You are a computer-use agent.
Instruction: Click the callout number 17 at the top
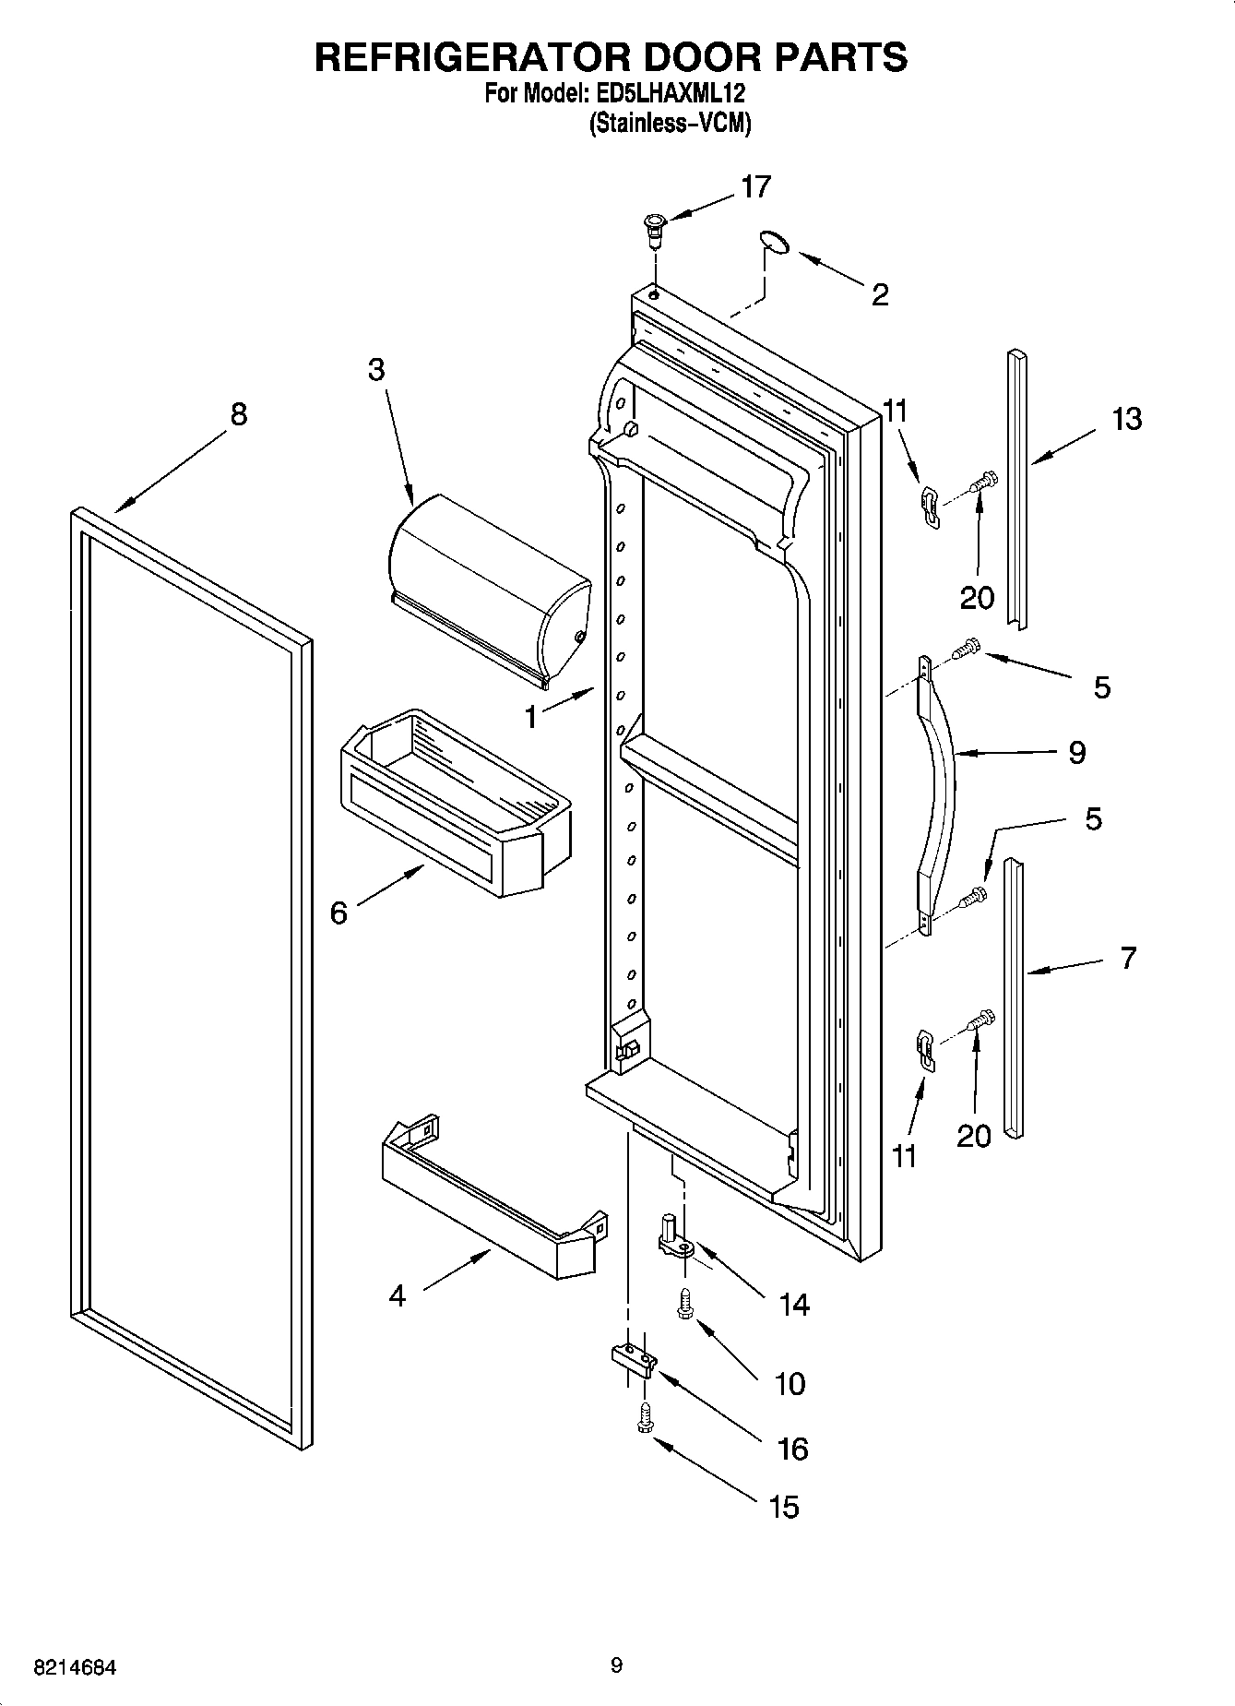[x=755, y=187]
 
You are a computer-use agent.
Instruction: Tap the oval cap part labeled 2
[x=776, y=242]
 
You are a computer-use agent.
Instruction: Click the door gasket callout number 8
[x=239, y=414]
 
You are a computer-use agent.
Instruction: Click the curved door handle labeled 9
[x=937, y=793]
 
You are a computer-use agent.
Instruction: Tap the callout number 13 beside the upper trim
[x=1126, y=419]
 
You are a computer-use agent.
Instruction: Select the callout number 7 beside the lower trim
[x=1128, y=959]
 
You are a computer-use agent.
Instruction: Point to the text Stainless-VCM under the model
[x=671, y=123]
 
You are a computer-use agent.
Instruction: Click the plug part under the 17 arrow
[x=654, y=227]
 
